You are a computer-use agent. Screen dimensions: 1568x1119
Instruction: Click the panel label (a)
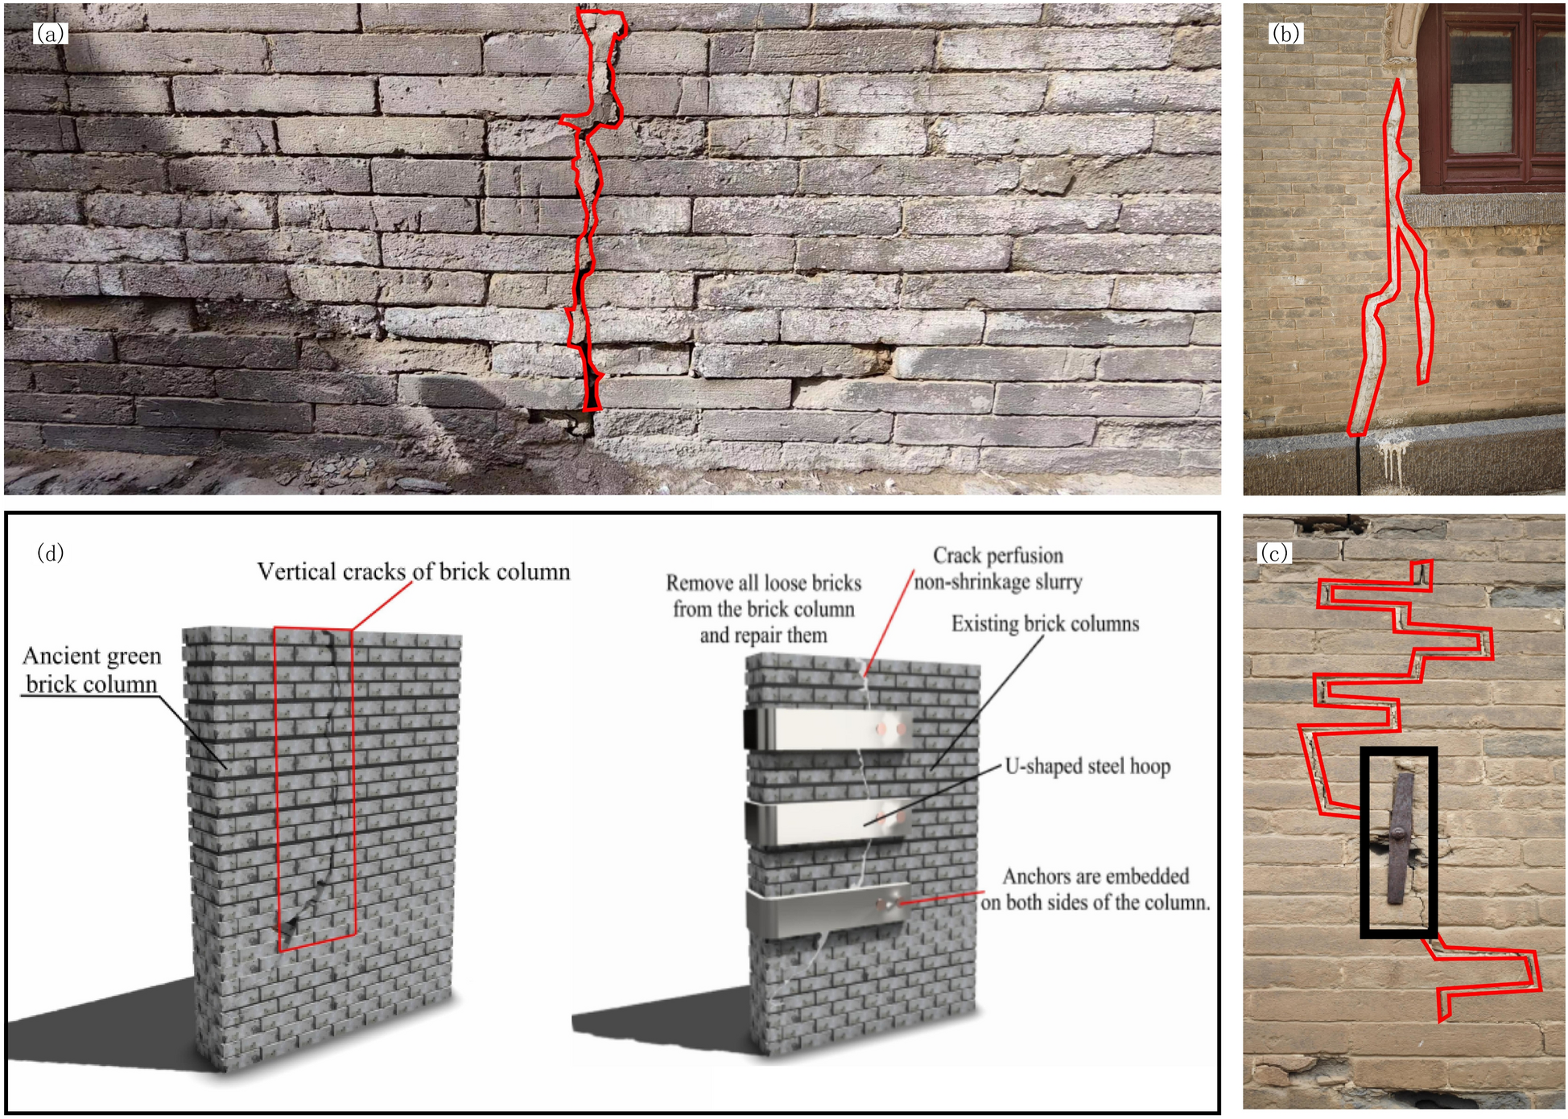click(51, 33)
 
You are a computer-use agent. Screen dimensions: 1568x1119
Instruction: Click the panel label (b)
click(1285, 33)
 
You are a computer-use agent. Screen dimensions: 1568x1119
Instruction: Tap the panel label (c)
click(1274, 553)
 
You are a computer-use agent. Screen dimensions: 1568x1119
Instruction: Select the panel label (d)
click(51, 553)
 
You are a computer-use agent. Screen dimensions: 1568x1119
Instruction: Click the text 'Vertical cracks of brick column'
click(414, 571)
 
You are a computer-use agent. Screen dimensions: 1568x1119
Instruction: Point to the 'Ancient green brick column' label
click(92, 669)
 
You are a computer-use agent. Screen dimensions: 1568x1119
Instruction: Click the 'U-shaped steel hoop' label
click(1087, 766)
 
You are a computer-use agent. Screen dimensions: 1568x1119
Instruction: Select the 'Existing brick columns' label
click(1045, 623)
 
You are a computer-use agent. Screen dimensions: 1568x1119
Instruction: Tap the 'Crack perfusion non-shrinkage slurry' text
click(998, 568)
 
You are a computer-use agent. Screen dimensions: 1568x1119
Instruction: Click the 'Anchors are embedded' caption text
click(1096, 876)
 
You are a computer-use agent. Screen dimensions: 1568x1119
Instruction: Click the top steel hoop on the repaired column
click(829, 730)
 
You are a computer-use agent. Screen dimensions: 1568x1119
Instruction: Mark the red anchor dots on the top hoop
click(891, 729)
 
